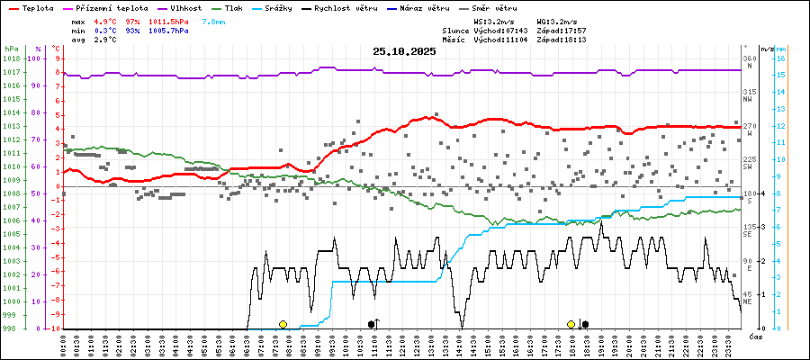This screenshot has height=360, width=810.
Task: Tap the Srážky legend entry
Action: pyautogui.click(x=276, y=7)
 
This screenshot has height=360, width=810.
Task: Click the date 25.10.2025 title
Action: pyautogui.click(x=404, y=51)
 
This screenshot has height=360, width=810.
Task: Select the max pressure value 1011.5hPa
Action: pyautogui.click(x=169, y=20)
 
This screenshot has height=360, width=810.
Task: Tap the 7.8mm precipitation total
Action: pyautogui.click(x=214, y=20)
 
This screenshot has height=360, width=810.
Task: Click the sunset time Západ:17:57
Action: pyautogui.click(x=562, y=30)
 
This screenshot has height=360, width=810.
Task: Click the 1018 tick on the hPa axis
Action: pyautogui.click(x=11, y=58)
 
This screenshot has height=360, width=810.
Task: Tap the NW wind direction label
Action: pyautogui.click(x=748, y=99)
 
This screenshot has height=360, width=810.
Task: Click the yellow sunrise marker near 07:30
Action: pyautogui.click(x=283, y=324)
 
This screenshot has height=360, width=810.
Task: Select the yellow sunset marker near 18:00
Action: pyautogui.click(x=571, y=324)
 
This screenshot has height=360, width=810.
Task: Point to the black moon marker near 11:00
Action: pyautogui.click(x=372, y=324)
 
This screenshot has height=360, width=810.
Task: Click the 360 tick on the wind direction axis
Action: pyautogui.click(x=749, y=58)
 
